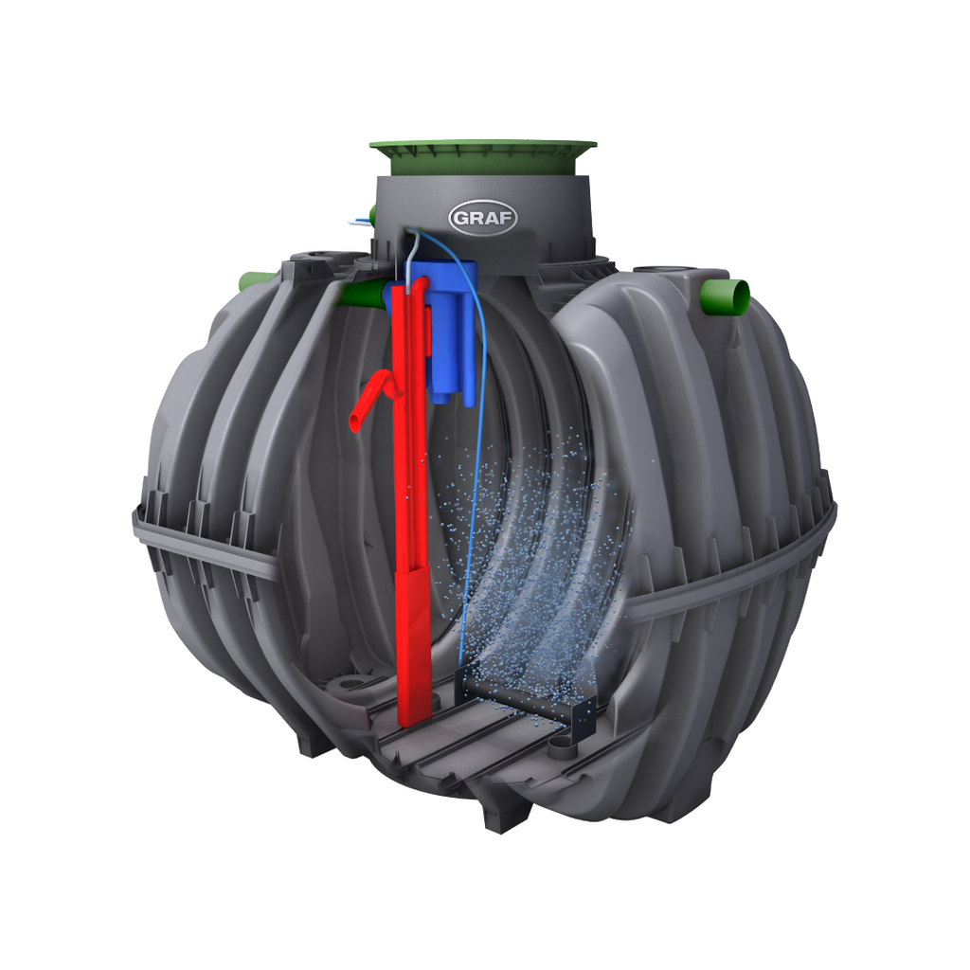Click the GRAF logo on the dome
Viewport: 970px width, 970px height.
pyautogui.click(x=482, y=218)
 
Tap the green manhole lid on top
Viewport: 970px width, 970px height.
pyautogui.click(x=483, y=156)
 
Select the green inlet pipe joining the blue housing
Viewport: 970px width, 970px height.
pyautogui.click(x=365, y=294)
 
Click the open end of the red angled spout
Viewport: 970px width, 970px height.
pyautogui.click(x=356, y=422)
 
